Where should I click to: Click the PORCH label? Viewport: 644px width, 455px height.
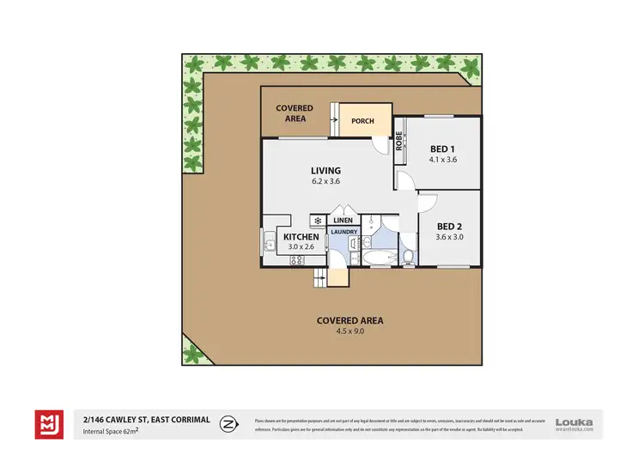362,121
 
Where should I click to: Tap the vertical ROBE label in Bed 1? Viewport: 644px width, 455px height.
399,140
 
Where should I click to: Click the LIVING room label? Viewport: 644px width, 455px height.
326,170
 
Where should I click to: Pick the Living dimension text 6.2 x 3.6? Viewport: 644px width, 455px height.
326,181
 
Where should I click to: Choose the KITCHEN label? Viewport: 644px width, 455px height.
301,237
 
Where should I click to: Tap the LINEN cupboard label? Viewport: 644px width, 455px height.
343,221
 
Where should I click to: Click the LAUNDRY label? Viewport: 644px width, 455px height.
343,232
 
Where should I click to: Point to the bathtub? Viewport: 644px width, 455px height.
379,257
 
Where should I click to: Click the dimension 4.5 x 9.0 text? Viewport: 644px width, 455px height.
349,331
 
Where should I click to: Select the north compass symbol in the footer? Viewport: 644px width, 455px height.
229,423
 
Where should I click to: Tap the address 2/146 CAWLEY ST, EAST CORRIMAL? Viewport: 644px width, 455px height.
147,419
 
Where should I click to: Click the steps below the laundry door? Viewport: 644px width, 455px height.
321,275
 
